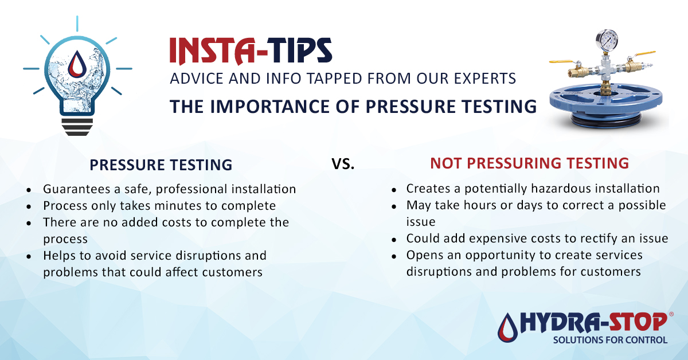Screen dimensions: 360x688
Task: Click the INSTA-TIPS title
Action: coord(251,51)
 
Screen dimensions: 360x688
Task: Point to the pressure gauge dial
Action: coord(606,40)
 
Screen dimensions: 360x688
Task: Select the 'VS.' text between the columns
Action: coord(343,164)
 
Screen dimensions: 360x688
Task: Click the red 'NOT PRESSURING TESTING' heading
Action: coord(529,163)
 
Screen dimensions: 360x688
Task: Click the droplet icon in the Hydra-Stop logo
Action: coord(507,327)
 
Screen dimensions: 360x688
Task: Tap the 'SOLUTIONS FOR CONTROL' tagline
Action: coord(610,340)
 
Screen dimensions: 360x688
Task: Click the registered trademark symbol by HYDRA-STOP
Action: coord(671,315)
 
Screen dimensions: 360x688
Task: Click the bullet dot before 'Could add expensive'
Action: coord(393,239)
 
